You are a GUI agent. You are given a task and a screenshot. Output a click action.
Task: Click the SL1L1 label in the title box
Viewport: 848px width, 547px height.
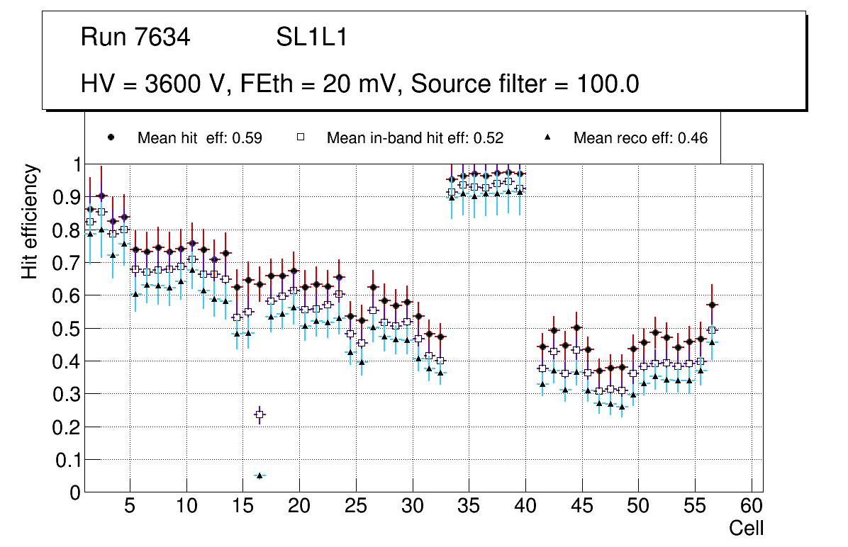pyautogui.click(x=311, y=38)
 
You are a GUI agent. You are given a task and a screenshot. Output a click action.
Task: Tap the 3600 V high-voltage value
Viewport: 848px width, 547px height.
pyautogui.click(x=186, y=84)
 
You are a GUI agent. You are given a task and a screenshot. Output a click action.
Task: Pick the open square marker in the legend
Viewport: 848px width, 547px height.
pyautogui.click(x=300, y=138)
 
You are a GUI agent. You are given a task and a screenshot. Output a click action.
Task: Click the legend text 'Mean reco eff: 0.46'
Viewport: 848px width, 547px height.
pyautogui.click(x=640, y=138)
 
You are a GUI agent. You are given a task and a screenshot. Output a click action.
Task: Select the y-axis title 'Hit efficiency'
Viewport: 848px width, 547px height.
pyautogui.click(x=30, y=222)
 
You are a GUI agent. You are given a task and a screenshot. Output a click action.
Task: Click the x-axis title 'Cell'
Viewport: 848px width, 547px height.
pyautogui.click(x=746, y=528)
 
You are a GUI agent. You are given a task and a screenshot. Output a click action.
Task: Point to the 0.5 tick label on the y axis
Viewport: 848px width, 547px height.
pyautogui.click(x=66, y=328)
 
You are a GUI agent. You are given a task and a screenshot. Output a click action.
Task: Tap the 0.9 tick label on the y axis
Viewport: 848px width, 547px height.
pyautogui.click(x=66, y=197)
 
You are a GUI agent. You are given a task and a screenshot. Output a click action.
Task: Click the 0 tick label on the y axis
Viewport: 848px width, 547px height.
pyautogui.click(x=76, y=492)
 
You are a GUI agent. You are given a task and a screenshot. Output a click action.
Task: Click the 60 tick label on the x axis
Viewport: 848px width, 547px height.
pyautogui.click(x=751, y=507)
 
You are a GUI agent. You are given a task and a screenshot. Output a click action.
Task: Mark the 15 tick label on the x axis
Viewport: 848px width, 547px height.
pyautogui.click(x=242, y=507)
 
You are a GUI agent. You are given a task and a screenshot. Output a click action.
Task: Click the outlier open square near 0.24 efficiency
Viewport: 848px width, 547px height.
pyautogui.click(x=260, y=415)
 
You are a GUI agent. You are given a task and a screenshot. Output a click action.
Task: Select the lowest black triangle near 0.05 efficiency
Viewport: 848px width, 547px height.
pyautogui.click(x=260, y=475)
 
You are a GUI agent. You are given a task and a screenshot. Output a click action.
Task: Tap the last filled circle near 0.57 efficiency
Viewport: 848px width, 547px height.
pyautogui.click(x=713, y=305)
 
